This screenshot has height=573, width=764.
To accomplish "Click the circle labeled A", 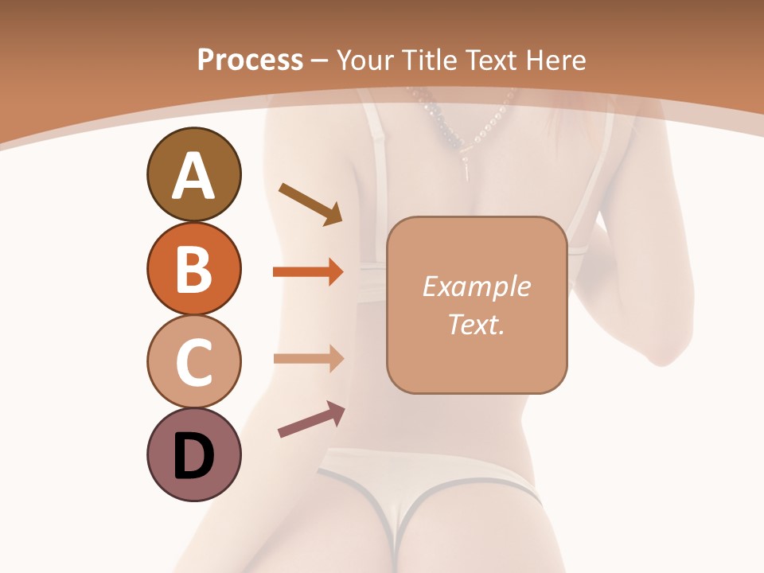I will [193, 174].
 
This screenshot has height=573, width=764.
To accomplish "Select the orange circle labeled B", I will [193, 268].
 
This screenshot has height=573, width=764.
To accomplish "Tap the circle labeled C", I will [193, 362].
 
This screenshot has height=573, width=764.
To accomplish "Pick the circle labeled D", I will [193, 455].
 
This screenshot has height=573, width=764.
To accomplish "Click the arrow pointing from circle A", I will [310, 204].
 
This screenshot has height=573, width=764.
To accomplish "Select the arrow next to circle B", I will [308, 272].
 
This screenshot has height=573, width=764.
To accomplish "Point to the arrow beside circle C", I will [308, 358].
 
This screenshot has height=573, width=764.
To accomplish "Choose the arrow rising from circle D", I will [311, 419].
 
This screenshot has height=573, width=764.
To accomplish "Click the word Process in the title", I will [250, 60].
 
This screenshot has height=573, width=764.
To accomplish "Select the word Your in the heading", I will [366, 60].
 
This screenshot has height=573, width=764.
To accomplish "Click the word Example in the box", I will [476, 287].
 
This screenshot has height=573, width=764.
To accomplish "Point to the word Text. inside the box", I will [476, 325].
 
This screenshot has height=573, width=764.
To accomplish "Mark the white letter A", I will [193, 176].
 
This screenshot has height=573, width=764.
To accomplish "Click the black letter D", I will [193, 456].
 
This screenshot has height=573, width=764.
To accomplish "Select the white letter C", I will [193, 363].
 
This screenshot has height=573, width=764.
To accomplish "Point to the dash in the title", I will [320, 60].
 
